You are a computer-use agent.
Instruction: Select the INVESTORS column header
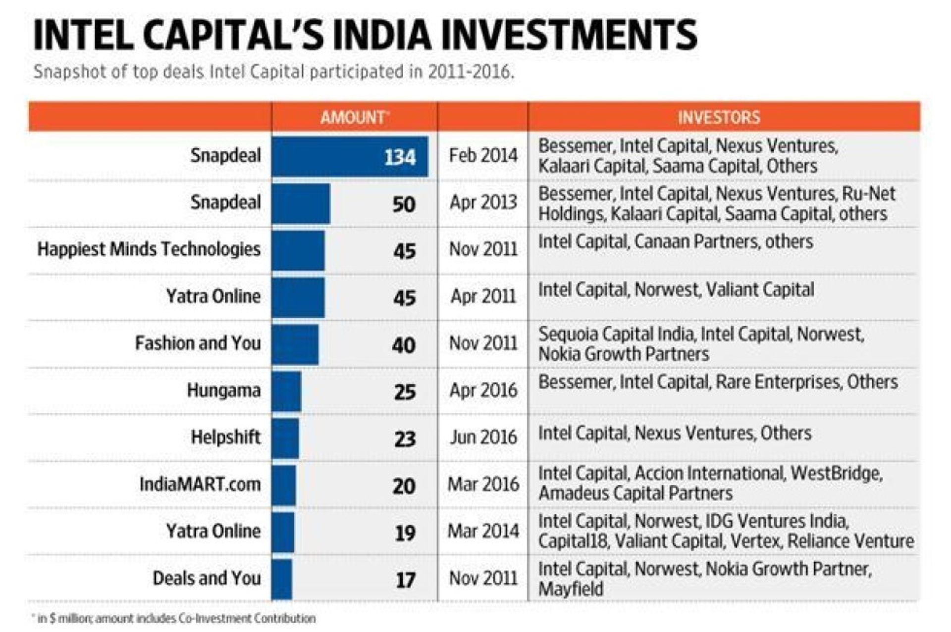coord(719,117)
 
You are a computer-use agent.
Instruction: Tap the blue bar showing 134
coord(350,156)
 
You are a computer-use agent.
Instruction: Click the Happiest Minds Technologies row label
coord(149,249)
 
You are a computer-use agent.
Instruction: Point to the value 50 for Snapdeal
coord(404,204)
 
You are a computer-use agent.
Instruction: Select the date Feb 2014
coord(483,155)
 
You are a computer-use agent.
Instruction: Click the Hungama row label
coord(223,390)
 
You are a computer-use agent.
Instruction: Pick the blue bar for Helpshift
coord(285,438)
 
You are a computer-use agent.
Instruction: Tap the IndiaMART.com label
coord(200,484)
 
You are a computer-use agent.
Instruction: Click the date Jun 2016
coord(483,438)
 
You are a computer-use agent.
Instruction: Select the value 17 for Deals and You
coord(405,580)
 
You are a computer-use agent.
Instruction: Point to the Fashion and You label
coord(198,343)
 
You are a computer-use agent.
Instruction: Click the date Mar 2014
coord(483,531)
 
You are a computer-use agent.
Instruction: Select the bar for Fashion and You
coord(295,344)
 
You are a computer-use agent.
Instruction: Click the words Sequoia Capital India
coord(617,334)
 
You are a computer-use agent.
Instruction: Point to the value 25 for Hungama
coord(404,392)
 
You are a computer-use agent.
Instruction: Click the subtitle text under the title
coord(273,72)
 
